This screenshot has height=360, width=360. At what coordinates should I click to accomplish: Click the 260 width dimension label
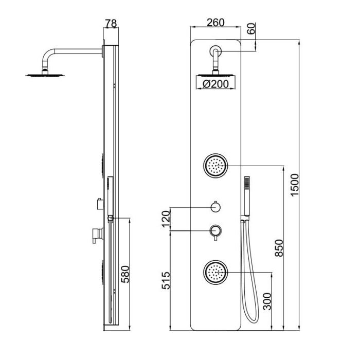(x=215, y=23)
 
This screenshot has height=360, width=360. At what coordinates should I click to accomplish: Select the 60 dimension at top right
(x=251, y=29)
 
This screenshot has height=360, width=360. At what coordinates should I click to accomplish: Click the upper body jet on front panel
(x=215, y=166)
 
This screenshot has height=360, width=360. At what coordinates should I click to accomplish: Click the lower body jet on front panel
(x=215, y=271)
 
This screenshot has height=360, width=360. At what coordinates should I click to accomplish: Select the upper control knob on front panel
(x=215, y=207)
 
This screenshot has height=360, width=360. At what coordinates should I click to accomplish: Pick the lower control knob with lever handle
(x=215, y=232)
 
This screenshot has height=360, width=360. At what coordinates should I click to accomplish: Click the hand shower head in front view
(x=246, y=195)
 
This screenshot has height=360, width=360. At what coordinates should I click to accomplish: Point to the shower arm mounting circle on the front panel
(x=215, y=51)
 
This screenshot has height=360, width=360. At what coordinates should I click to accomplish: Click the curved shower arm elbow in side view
(x=50, y=54)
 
